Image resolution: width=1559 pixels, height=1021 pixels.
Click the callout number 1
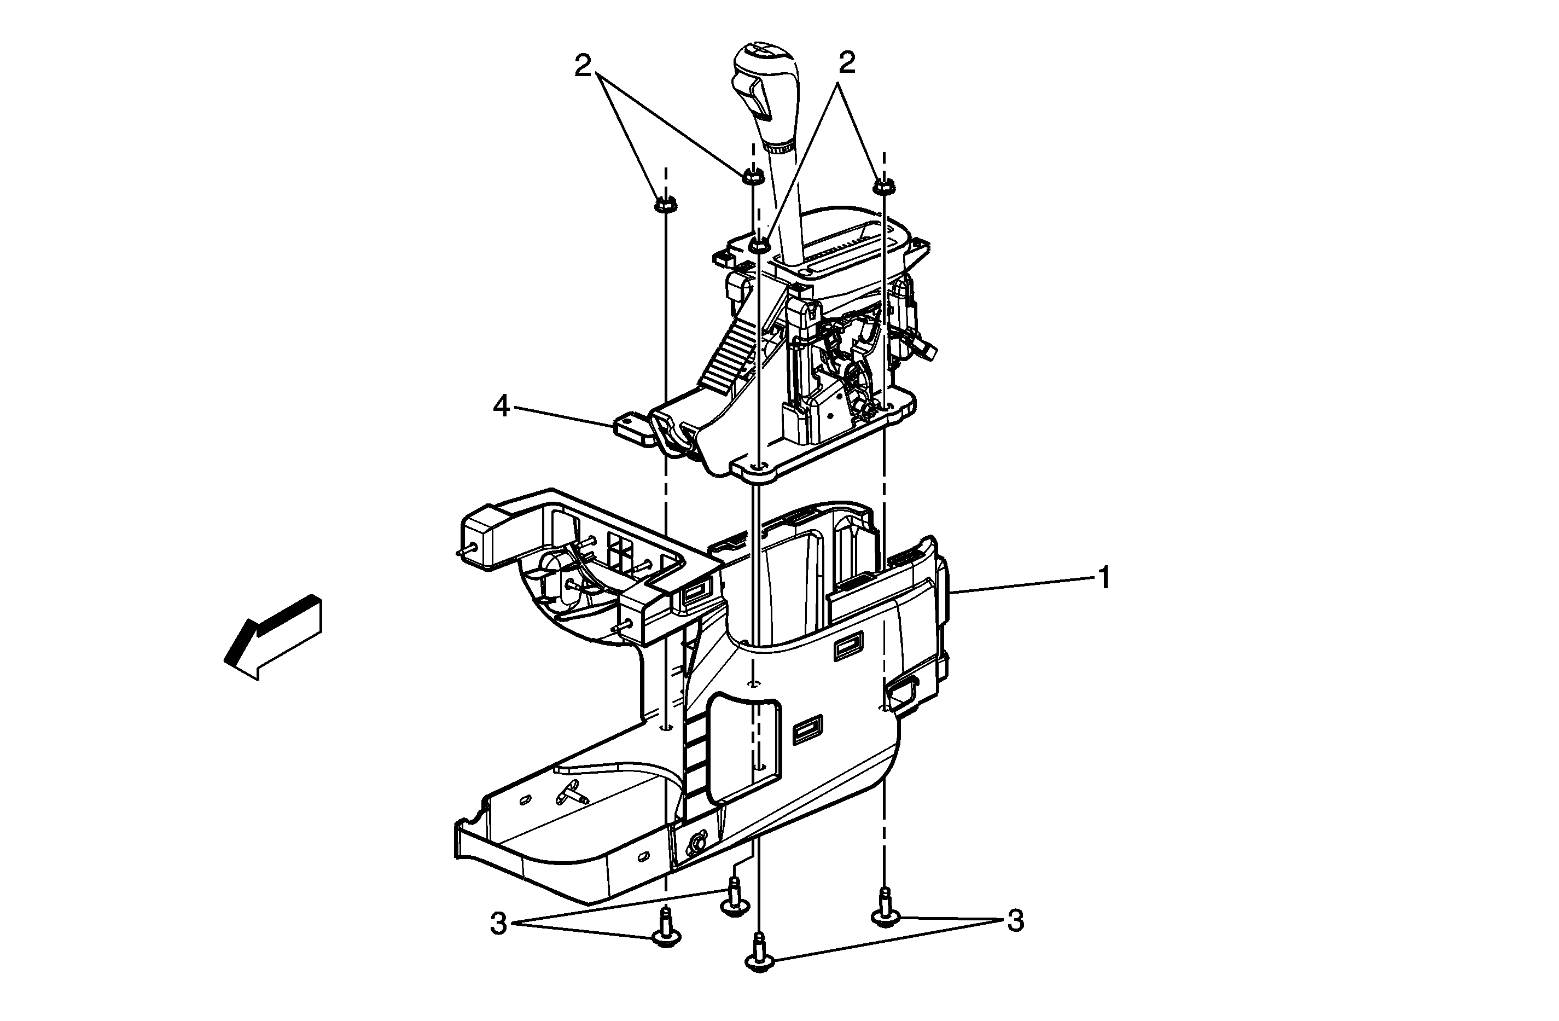coord(1104,579)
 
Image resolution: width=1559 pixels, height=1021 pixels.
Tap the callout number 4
coord(501,407)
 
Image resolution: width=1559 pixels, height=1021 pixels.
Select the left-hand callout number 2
coord(583,66)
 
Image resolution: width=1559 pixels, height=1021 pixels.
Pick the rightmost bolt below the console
coord(885,908)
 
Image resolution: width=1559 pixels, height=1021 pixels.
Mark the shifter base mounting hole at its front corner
coord(757,466)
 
